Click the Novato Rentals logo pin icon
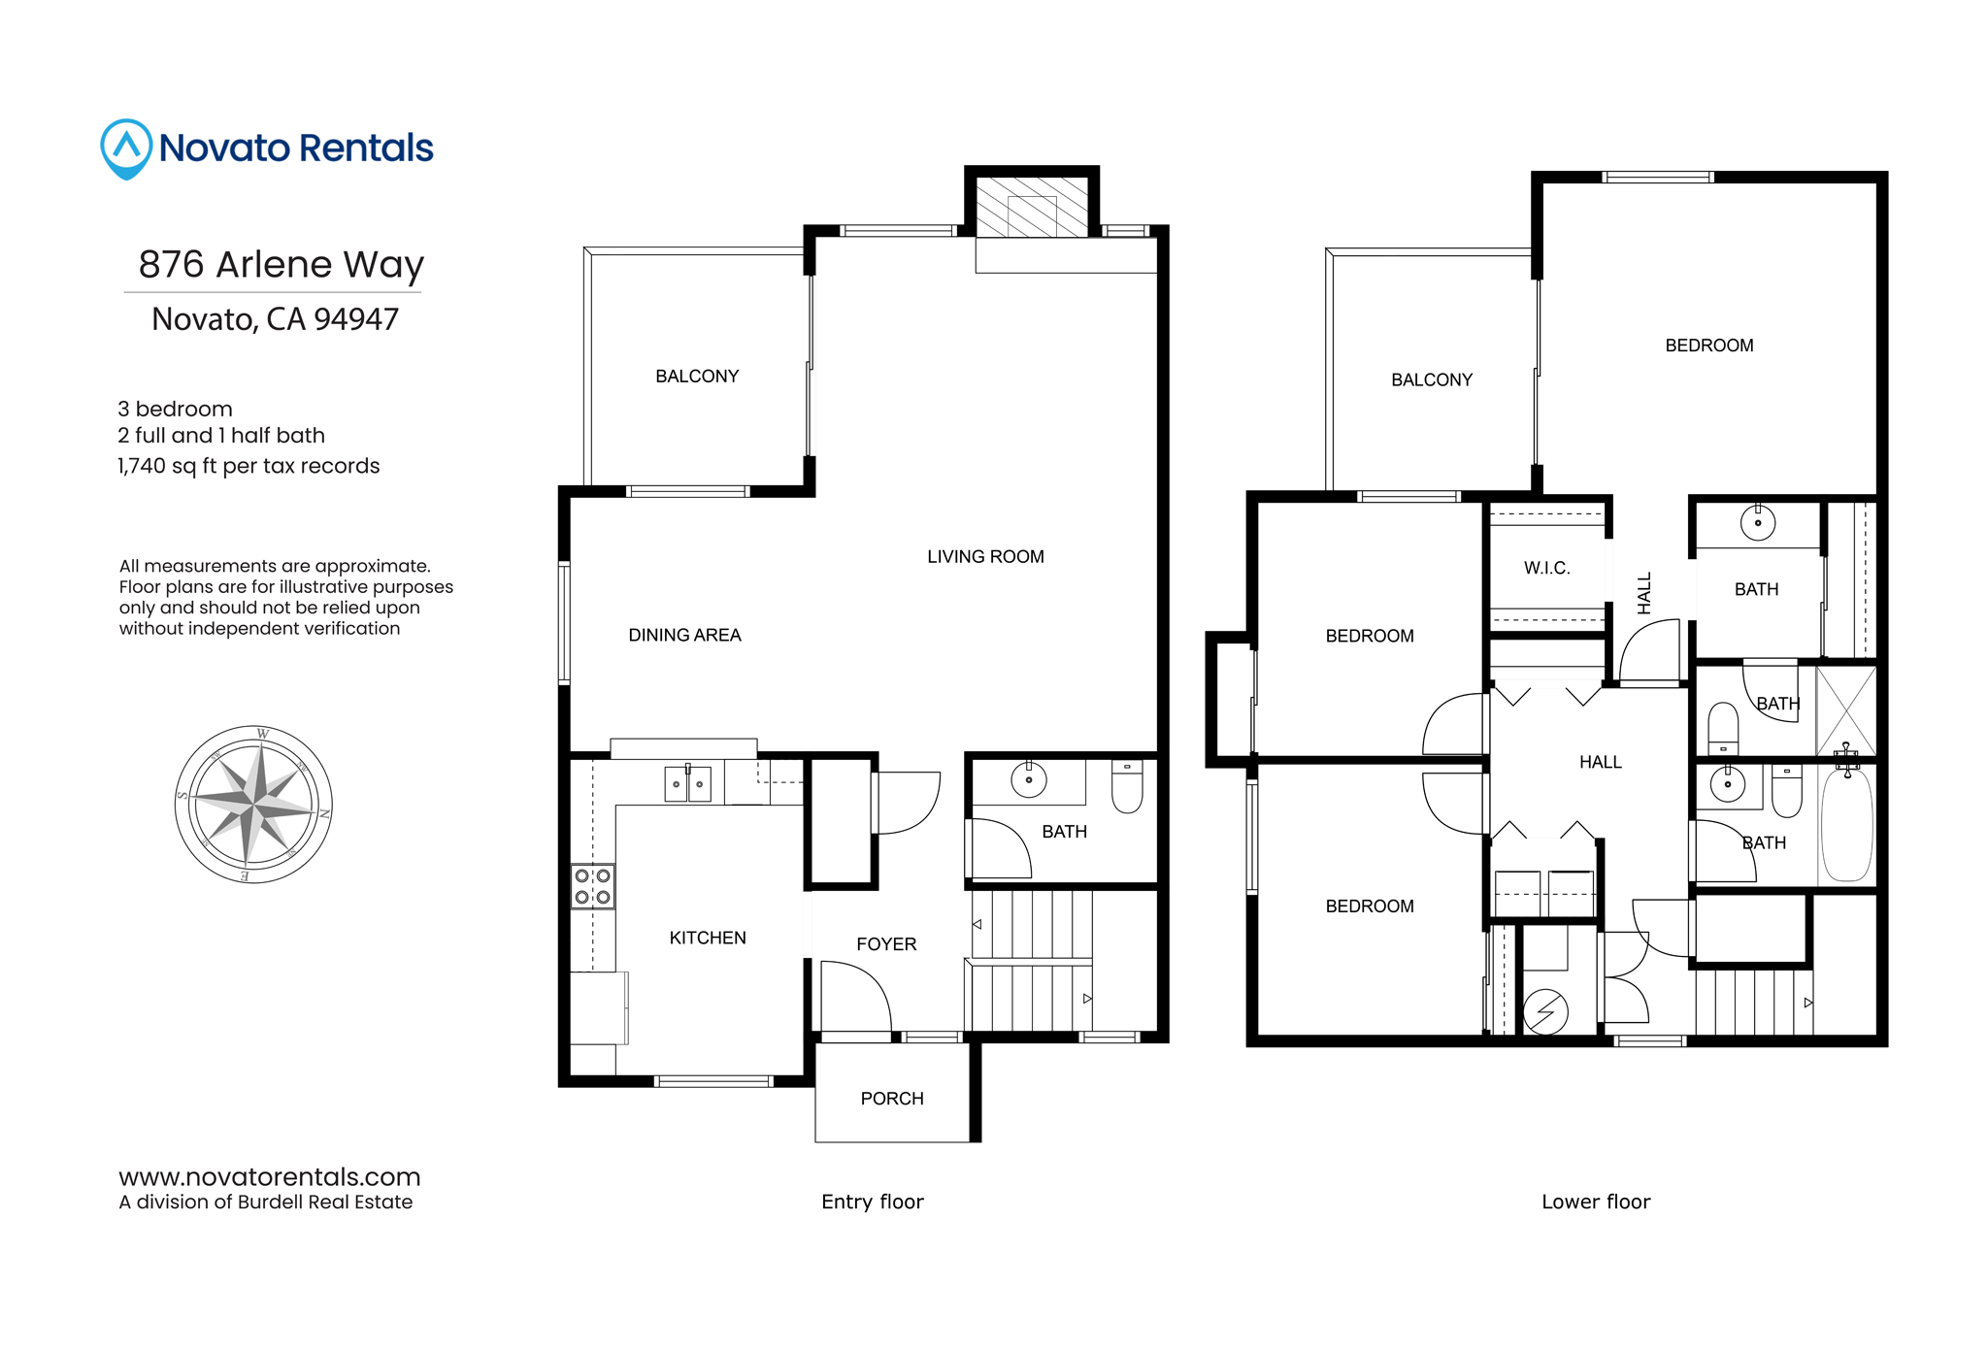pos(126,148)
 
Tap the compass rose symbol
pos(253,804)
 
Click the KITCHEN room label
pos(708,938)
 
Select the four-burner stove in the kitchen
pos(592,886)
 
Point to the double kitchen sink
pos(687,783)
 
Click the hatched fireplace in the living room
pos(1032,207)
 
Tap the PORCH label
pos(892,1099)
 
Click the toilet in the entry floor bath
pos(1127,786)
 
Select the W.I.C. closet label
pos(1547,568)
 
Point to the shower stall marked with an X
pos(1846,710)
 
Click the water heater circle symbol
pos(1545,1011)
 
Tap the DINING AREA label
pos(684,635)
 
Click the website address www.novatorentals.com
pos(270,1177)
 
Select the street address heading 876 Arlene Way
pos(282,264)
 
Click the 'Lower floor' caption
pos(1596,1202)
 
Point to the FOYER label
pos(886,944)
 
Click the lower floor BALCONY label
pos(1432,379)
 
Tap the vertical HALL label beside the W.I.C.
pos(1644,593)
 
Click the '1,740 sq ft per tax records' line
pos(248,466)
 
